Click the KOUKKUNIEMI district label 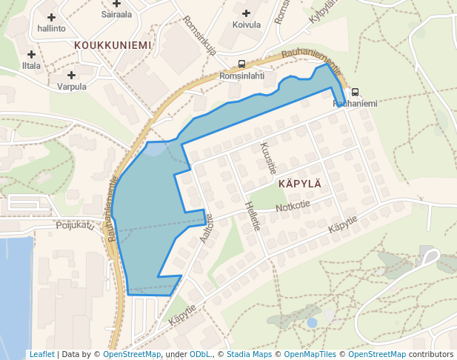tap(113, 45)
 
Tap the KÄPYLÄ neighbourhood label tap(299, 183)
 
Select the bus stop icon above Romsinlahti tap(242, 64)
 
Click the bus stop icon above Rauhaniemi tap(355, 93)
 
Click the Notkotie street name tap(293, 207)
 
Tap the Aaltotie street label tap(207, 230)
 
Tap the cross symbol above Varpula tap(72, 75)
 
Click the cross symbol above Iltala tap(31, 54)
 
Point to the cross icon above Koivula tap(247, 13)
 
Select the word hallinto tap(51, 28)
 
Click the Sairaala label tap(116, 13)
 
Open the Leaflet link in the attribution tap(41, 354)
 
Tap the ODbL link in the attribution tap(199, 354)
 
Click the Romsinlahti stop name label tap(242, 76)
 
